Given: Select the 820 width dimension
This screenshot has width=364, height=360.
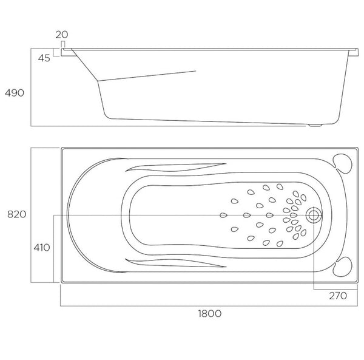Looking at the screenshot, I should pyautogui.click(x=15, y=214).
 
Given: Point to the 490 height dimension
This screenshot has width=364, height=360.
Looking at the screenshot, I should pyautogui.click(x=14, y=93).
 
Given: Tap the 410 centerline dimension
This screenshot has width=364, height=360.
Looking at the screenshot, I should pyautogui.click(x=42, y=247).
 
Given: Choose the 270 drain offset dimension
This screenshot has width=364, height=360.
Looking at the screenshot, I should pyautogui.click(x=338, y=296).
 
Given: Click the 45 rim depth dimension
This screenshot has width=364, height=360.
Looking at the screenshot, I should pyautogui.click(x=43, y=58).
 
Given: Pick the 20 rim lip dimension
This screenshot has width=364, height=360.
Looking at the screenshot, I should pyautogui.click(x=61, y=35).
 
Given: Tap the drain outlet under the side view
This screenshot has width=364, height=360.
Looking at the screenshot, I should pyautogui.click(x=315, y=126).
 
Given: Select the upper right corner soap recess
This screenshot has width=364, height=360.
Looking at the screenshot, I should pyautogui.click(x=345, y=161).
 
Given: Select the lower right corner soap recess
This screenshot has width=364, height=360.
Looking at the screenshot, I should pyautogui.click(x=345, y=267).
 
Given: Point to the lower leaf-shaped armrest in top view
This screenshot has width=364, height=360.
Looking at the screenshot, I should pyautogui.click(x=176, y=263).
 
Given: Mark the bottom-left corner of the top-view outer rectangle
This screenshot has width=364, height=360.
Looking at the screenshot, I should pyautogui.click(x=61, y=282).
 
